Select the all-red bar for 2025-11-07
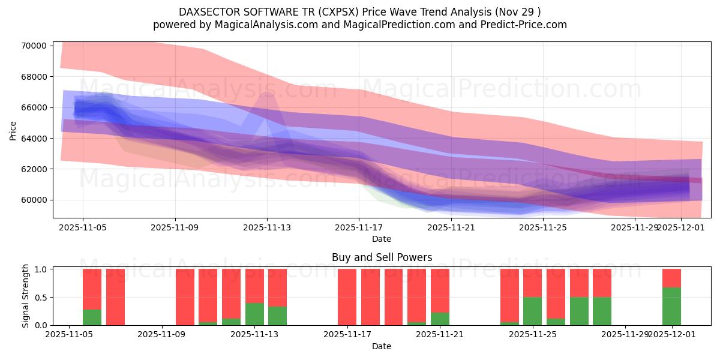click(x=115, y=297)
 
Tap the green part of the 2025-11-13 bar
click(x=254, y=314)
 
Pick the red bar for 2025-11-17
click(x=347, y=297)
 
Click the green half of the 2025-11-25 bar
click(x=532, y=311)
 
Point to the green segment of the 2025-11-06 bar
click(x=92, y=317)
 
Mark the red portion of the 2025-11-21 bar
click(x=440, y=290)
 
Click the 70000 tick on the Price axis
click(x=34, y=46)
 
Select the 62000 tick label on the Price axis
click(x=34, y=169)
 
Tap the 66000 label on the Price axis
click(x=34, y=107)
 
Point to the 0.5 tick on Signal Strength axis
click(x=41, y=298)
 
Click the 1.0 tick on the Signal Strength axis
click(x=41, y=269)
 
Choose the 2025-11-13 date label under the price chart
click(x=267, y=227)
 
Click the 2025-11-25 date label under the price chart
click(x=543, y=227)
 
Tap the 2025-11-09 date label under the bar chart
click(x=163, y=335)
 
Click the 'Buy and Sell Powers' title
click(x=382, y=257)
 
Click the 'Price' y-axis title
click(x=13, y=130)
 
